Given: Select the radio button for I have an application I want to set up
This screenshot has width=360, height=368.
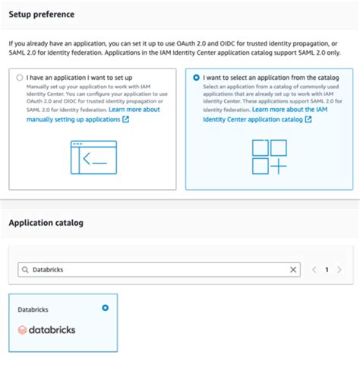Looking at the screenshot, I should coord(18,78).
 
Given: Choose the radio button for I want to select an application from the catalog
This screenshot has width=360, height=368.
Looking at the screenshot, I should coord(197,78).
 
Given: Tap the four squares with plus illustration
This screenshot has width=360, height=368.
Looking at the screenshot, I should coord(270,157).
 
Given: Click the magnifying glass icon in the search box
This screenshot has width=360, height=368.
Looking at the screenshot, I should coord(26,270).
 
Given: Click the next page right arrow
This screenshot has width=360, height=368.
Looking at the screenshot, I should coord(339,270).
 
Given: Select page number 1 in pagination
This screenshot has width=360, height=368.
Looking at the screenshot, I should coord(327,270).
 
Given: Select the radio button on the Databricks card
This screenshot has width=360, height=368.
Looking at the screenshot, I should coord(105,308).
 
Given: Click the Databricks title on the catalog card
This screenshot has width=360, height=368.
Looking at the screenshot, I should coord(33,310).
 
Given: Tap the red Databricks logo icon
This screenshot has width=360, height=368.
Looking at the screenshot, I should coord(23,330).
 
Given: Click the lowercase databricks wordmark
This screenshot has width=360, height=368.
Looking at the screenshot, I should coord(52,330).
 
